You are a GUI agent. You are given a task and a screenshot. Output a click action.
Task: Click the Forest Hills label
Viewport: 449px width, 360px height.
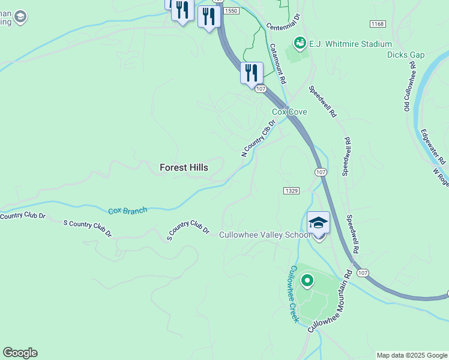click(184, 168)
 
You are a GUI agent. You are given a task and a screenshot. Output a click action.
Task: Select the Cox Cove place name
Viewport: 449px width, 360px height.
click(289, 112)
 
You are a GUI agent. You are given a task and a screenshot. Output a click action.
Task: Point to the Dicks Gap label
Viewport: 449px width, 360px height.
click(405, 55)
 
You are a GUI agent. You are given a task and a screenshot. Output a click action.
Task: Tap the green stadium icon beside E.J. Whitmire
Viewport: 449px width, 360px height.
click(298, 43)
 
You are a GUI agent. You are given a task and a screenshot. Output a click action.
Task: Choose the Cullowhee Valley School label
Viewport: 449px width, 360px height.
click(265, 235)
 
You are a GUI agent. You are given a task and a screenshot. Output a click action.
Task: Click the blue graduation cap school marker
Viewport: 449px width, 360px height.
click(318, 223)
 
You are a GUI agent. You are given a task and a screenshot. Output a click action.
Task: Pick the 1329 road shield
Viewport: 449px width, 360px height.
click(291, 191)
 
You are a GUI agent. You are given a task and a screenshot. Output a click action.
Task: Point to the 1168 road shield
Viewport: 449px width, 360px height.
click(377, 24)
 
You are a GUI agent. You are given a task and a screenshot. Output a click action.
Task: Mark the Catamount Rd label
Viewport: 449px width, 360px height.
click(277, 64)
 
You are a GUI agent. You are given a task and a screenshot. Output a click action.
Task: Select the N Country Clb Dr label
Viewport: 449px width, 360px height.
click(258, 138)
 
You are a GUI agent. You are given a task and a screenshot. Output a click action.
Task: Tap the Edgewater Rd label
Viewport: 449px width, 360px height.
click(433, 147)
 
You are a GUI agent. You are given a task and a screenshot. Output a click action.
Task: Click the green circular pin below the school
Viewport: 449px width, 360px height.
click(307, 280)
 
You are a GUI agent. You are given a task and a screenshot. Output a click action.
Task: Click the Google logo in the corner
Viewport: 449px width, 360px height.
click(20, 353)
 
